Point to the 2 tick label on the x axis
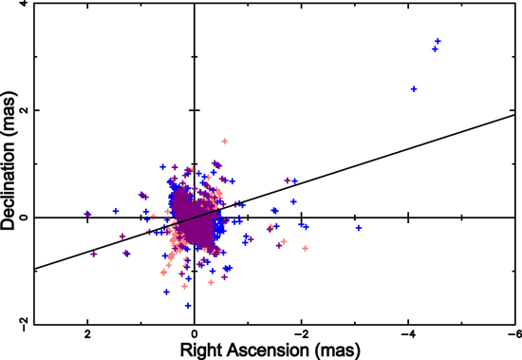[87, 333]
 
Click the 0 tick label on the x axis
[195, 333]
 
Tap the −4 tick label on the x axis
[407, 333]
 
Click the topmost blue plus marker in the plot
[438, 41]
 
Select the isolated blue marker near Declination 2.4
[414, 89]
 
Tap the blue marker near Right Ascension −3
[358, 228]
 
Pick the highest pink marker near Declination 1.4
[224, 141]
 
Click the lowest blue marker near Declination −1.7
[189, 306]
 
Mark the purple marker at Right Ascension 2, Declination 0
[87, 215]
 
